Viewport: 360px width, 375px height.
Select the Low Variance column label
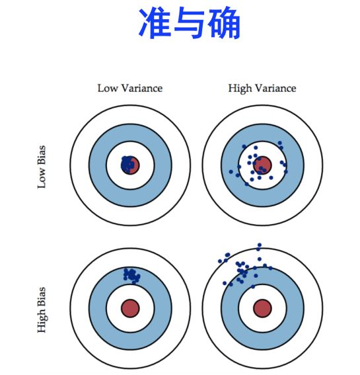pos(129,88)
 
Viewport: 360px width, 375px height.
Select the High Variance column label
pos(262,88)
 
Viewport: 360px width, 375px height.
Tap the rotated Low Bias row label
pos(42,165)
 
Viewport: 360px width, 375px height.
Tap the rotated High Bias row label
pos(42,309)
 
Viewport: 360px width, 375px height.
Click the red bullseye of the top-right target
pos(262,165)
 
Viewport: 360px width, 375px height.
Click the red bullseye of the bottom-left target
pos(130,308)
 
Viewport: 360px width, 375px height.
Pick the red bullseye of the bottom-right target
pos(262,308)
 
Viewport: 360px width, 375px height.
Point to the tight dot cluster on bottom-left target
pos(131,274)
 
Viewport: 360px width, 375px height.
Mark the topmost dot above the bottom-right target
pos(260,245)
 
